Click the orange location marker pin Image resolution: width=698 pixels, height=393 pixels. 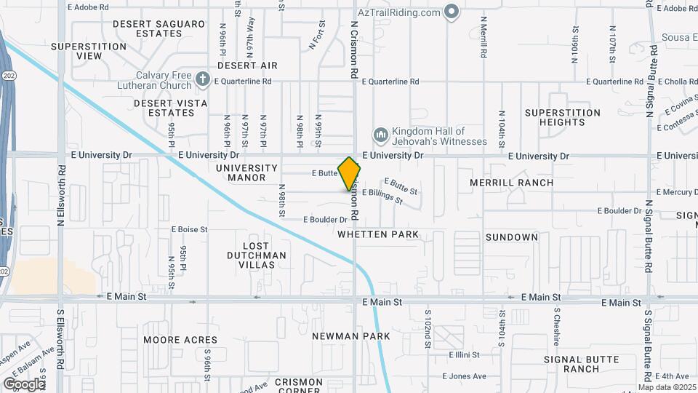coord(349,174)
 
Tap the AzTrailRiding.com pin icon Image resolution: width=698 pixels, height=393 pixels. coord(452,12)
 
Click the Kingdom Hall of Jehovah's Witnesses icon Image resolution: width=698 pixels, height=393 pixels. coord(380,135)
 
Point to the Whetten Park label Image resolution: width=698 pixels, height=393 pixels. coord(378,234)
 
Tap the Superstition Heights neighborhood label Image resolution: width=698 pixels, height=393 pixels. coord(563,118)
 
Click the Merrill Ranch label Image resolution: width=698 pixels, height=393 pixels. coord(511,183)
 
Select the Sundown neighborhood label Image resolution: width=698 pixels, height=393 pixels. coord(511,237)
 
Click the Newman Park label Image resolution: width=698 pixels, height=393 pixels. coord(351,336)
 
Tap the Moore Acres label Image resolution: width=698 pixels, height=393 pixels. coord(180,340)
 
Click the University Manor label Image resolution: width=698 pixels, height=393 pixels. coord(247,172)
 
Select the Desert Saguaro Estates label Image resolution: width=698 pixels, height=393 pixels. coord(159,28)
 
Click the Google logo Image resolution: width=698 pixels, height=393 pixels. coord(24,384)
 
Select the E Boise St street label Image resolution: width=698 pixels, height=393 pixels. coord(190,229)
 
